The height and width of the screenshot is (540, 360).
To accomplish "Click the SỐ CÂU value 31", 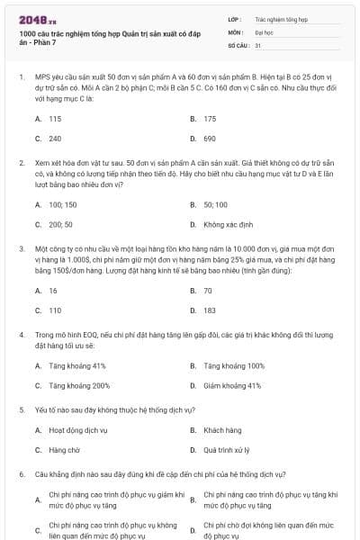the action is coord(258,44).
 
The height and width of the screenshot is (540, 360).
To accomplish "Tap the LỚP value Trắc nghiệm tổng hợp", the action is coord(281,17).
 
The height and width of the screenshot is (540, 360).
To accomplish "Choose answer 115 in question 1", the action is coord(55,119).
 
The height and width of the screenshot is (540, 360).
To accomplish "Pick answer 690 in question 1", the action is coord(210,139).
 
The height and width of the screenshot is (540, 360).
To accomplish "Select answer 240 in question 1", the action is coord(55,139).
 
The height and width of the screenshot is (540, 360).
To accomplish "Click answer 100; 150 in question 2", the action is coord(62,204).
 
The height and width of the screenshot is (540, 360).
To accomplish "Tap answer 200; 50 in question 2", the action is coord(60,224).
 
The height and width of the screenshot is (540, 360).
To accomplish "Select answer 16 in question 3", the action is coord(53,291).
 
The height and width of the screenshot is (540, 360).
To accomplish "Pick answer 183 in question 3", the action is coord(210,310).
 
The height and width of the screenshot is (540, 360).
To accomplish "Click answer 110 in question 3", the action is coord(55,310).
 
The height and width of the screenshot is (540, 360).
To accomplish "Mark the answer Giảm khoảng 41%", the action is coord(232,386).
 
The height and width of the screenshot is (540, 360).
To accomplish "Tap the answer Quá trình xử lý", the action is coord(226,450).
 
